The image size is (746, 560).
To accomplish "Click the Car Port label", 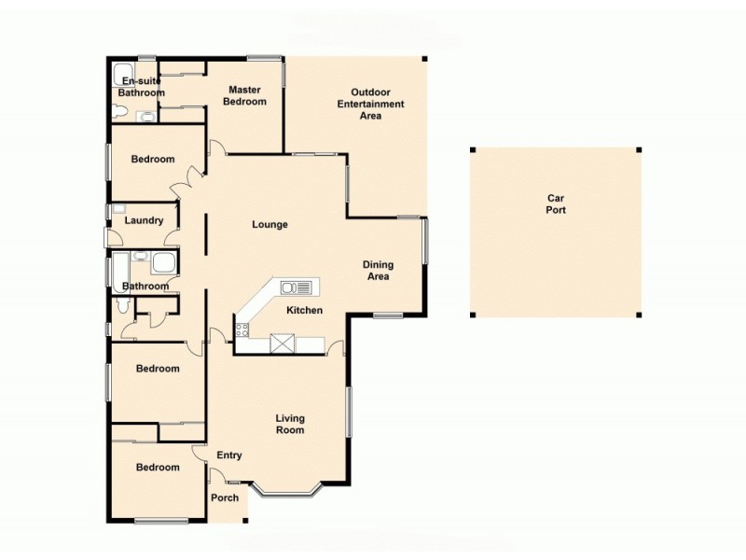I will coord(556,203).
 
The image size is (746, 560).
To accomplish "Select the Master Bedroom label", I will coord(244,95).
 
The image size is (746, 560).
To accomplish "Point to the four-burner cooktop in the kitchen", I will coord(242,329).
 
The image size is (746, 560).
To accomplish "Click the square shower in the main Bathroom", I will coord(163,263).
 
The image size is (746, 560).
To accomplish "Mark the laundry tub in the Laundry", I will coord(118,209).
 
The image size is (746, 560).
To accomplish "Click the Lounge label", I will coord(270,225).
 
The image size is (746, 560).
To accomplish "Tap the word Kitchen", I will coord(304,310).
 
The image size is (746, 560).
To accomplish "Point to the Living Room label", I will coord(290,425).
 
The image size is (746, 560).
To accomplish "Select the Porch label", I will coord(225,497).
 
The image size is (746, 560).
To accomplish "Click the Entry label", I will coord(229,455).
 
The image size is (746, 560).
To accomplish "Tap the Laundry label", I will coord(145,221).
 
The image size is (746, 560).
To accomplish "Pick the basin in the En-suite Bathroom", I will coord(145,117).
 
